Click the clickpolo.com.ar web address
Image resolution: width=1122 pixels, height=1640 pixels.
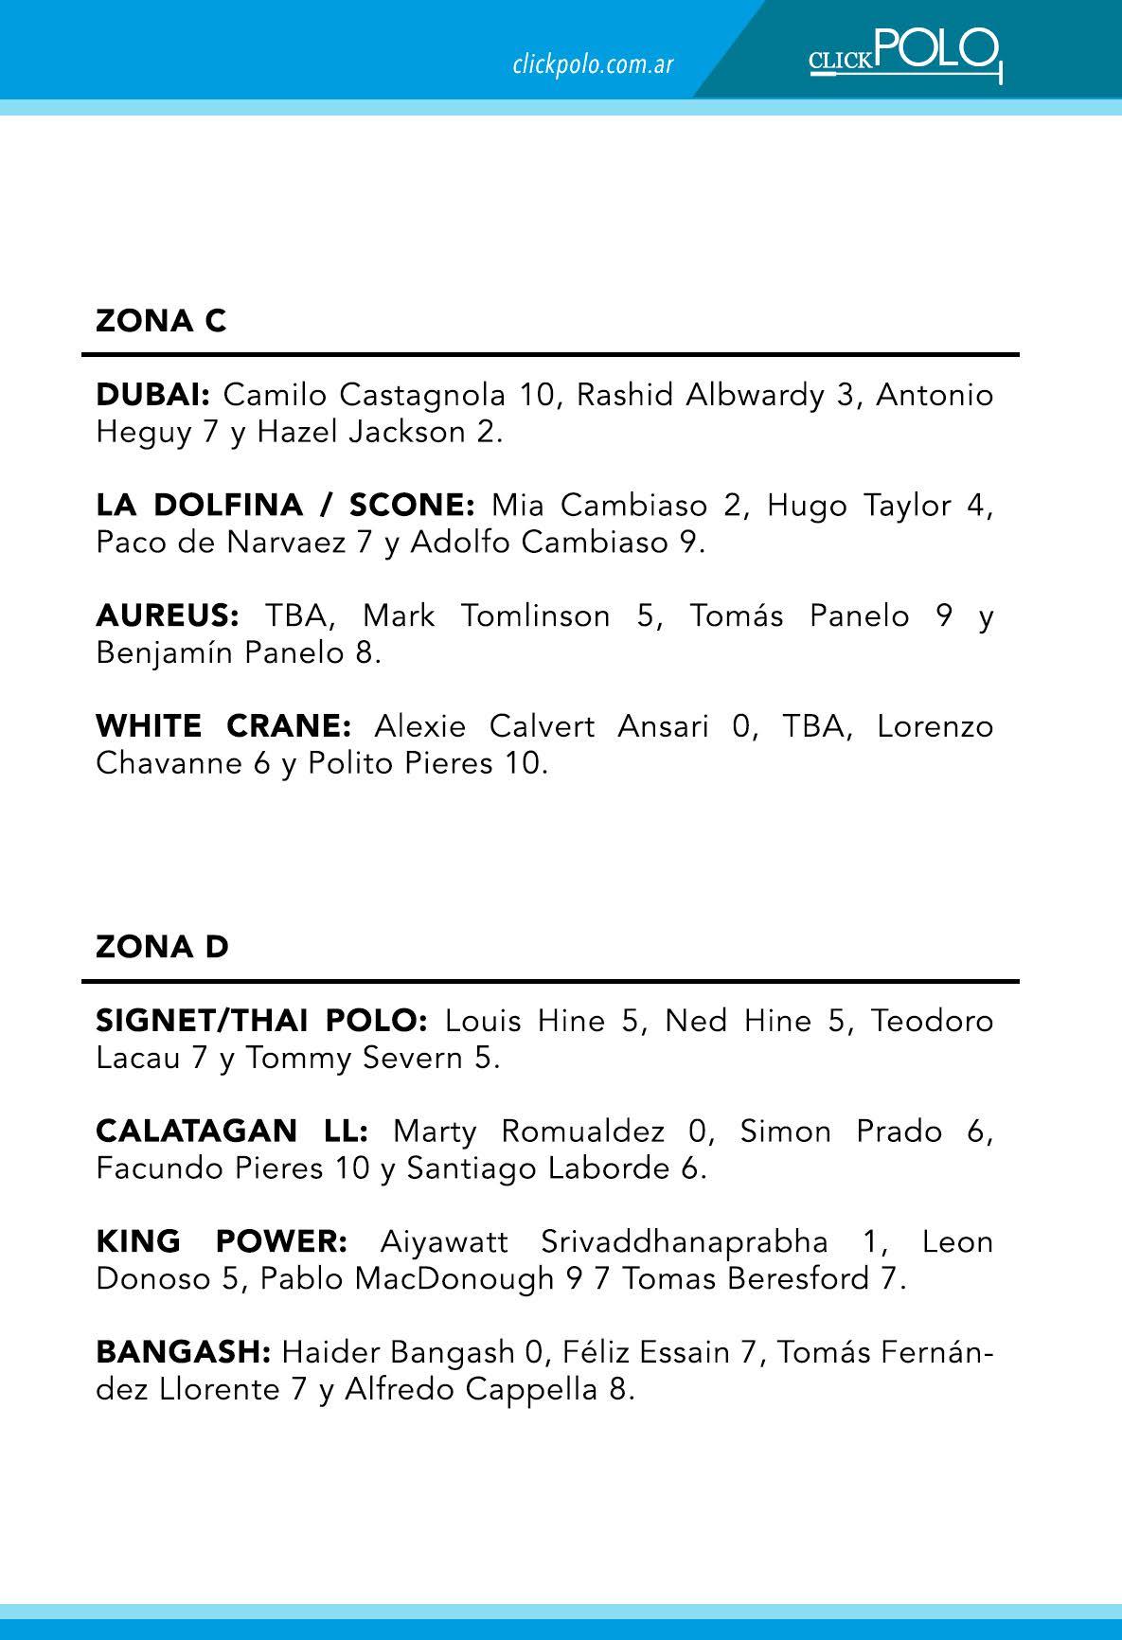click(593, 64)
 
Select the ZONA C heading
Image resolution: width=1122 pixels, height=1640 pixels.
click(161, 321)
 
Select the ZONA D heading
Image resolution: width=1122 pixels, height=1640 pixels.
click(162, 947)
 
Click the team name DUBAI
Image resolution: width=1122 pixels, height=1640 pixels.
click(151, 395)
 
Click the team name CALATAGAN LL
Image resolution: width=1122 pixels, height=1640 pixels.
click(232, 1132)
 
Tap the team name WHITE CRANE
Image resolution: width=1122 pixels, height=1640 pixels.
click(223, 726)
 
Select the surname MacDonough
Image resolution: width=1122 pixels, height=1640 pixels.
click(454, 1278)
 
